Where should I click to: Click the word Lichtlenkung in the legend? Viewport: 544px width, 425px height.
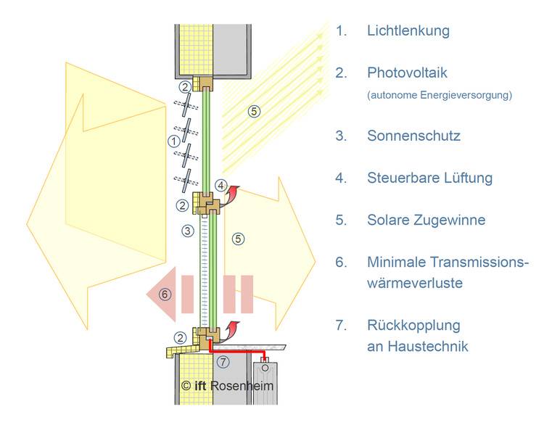point(408,31)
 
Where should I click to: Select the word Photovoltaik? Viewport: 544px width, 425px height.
point(408,73)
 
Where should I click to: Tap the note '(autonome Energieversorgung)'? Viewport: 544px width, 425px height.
point(440,95)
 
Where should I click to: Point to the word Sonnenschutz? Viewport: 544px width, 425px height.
point(414,136)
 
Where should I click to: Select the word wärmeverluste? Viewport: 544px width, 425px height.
point(415,283)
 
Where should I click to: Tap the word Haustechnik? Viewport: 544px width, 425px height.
point(428,346)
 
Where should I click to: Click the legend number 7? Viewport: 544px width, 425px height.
point(341,326)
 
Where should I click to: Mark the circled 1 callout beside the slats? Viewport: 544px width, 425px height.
point(174,141)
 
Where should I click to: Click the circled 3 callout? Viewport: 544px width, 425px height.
point(188,231)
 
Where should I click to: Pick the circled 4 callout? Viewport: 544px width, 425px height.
point(221,186)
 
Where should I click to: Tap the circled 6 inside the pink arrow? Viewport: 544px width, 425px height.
point(165,294)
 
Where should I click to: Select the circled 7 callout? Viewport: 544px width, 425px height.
point(223,362)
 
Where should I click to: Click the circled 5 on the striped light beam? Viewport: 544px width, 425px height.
point(254,112)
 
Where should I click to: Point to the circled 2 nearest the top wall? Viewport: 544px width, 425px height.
point(185,87)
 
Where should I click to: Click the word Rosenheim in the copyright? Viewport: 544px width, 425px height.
point(242,386)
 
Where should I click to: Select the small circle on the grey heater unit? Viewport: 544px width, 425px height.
point(265,368)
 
